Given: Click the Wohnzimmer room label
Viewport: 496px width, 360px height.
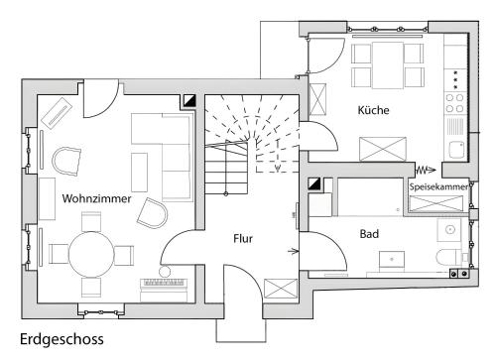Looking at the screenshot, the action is pyautogui.click(x=96, y=198).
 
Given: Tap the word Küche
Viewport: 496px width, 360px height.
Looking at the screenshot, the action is pyautogui.click(x=373, y=110).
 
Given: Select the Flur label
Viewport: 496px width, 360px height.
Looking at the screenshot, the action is pyautogui.click(x=243, y=238).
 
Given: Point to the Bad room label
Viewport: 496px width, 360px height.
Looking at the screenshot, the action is pyautogui.click(x=369, y=234).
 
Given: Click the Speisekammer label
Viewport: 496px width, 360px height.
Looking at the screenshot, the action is pyautogui.click(x=438, y=186).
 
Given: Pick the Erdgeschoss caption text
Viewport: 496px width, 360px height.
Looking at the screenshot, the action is pyautogui.click(x=62, y=339).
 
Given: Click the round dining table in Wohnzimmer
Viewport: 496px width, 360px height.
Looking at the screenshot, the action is pyautogui.click(x=91, y=254).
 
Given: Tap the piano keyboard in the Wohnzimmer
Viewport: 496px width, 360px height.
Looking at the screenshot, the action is pyautogui.click(x=164, y=283).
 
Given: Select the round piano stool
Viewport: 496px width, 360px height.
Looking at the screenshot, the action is pyautogui.click(x=165, y=272).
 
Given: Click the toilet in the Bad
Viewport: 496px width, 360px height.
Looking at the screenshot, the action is pyautogui.click(x=448, y=257).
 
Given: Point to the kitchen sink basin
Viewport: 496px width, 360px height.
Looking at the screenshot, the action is pyautogui.click(x=456, y=150).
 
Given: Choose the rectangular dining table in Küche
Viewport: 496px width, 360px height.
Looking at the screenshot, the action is pyautogui.click(x=388, y=65).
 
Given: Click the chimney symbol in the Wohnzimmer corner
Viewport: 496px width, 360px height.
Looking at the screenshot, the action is pyautogui.click(x=189, y=101).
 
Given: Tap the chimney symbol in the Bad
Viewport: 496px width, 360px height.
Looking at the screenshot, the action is pyautogui.click(x=314, y=184).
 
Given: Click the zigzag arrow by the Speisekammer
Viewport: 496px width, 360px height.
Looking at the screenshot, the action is pyautogui.click(x=426, y=171).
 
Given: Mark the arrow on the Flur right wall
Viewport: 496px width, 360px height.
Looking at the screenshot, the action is pyautogui.click(x=294, y=252).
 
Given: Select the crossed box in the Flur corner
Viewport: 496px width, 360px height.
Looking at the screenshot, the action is pyautogui.click(x=281, y=289).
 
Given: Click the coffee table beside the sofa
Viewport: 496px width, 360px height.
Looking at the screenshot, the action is pyautogui.click(x=139, y=173).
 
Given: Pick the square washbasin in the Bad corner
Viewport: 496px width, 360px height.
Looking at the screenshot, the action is pyautogui.click(x=449, y=230).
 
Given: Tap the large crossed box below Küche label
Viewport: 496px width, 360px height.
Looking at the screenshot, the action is pyautogui.click(x=383, y=149).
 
